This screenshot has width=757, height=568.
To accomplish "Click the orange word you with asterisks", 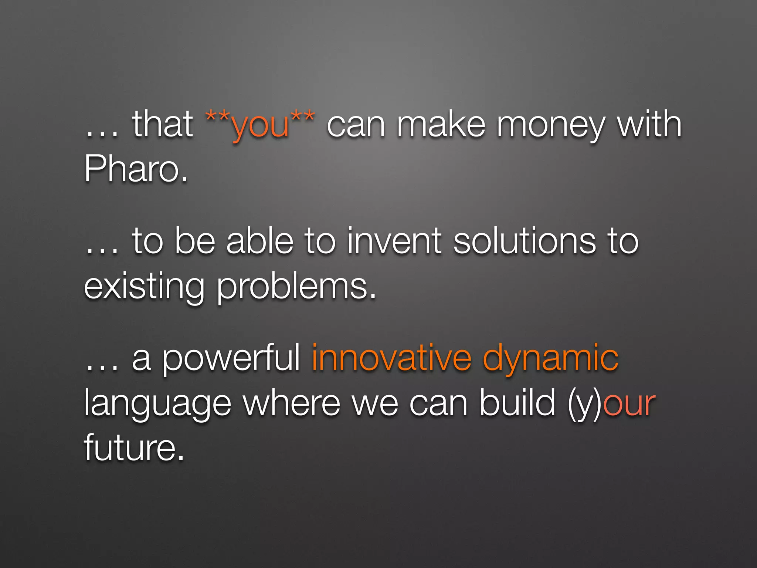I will pyautogui.click(x=260, y=125).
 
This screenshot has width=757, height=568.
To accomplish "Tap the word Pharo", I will pyautogui.click(x=136, y=169).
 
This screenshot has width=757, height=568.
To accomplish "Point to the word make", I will pyautogui.click(x=441, y=124).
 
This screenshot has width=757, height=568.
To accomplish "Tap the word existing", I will pyautogui.click(x=144, y=288).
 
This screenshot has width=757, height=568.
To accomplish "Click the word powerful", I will pyautogui.click(x=231, y=358).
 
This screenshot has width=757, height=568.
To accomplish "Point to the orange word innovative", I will pyautogui.click(x=391, y=358).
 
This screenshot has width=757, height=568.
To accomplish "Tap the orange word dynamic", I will pyautogui.click(x=550, y=358).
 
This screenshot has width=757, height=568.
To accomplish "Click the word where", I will pyautogui.click(x=291, y=403).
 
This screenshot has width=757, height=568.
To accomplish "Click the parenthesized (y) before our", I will pyautogui.click(x=585, y=404).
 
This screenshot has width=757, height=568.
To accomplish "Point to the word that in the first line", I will pyautogui.click(x=163, y=124).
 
